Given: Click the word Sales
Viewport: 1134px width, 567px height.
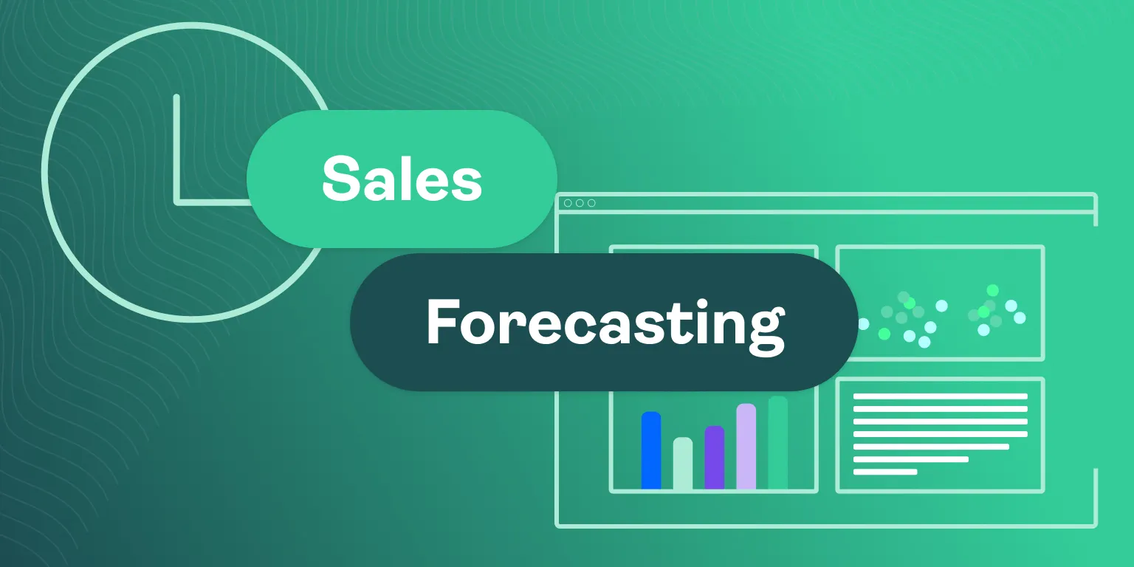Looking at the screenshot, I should click(x=402, y=179).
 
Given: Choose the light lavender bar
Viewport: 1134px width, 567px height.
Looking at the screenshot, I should click(x=746, y=447).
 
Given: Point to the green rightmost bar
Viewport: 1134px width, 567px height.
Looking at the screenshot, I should click(x=778, y=443).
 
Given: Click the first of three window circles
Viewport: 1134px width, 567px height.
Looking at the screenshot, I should click(x=568, y=203).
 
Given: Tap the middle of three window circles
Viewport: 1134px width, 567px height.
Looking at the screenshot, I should click(x=580, y=203).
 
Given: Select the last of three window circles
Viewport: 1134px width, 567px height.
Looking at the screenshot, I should click(x=591, y=203).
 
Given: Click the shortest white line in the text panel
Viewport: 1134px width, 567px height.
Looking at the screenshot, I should click(x=885, y=472).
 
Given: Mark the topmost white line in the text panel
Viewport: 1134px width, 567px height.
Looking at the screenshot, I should click(x=940, y=396).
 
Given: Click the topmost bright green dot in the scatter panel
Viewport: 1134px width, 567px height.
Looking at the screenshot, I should click(x=992, y=290).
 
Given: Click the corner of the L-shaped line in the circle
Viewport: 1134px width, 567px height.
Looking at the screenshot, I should click(x=176, y=201).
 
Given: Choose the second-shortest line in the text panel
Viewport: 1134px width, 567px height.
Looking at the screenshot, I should click(x=910, y=459).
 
